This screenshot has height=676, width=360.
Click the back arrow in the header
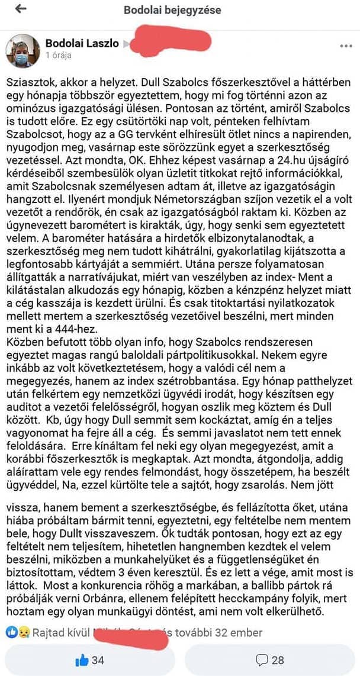[21, 9]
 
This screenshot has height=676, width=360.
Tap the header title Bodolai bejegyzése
[172, 10]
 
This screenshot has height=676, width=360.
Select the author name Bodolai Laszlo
[82, 43]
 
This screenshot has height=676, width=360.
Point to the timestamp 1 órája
[58, 55]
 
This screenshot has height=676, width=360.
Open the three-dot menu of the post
[346, 46]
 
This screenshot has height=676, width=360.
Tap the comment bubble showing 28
[269, 659]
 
